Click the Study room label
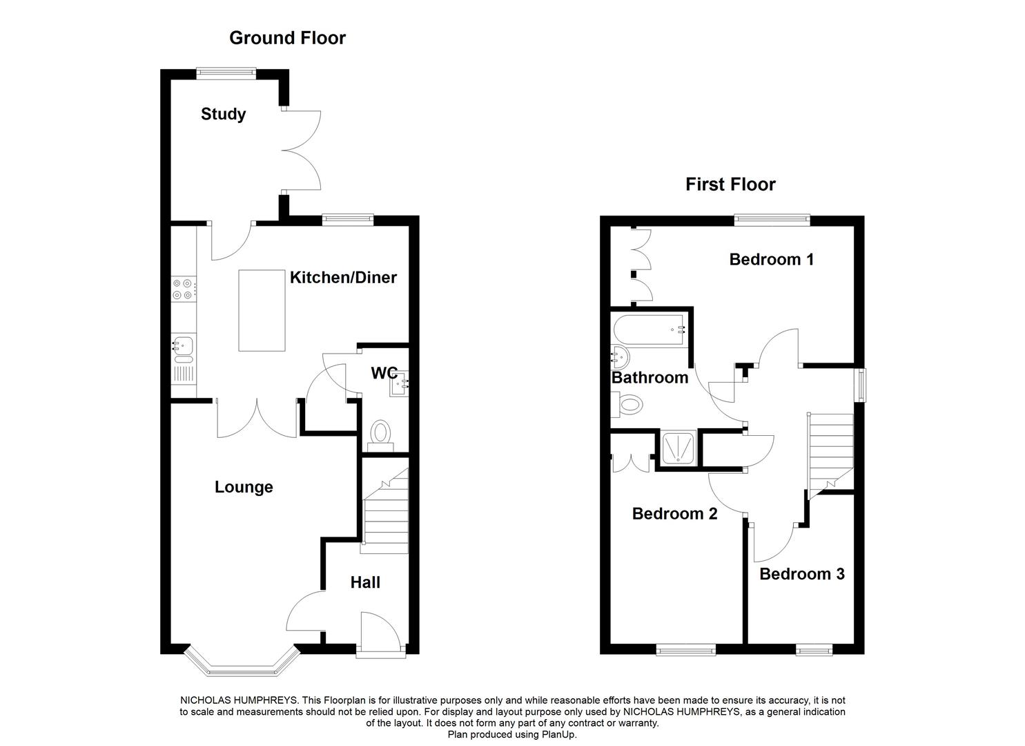223,114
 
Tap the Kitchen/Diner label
343,278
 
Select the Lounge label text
244,487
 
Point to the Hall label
365,582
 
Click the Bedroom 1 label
771,259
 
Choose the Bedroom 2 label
674,513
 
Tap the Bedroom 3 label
801,574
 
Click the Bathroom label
650,378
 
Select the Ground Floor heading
287,37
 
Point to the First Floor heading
730,184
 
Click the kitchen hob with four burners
184,289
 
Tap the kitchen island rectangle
262,310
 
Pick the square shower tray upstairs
676,448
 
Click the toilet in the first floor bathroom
629,405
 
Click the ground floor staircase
385,510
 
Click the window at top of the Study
226,71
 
